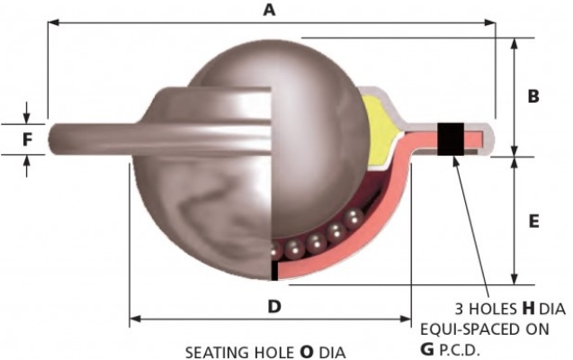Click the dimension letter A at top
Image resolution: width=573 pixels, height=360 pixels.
tap(267, 10)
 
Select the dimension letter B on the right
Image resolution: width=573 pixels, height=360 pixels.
tap(533, 96)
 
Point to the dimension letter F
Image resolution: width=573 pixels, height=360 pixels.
tap(27, 139)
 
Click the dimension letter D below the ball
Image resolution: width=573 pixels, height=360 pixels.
tap(274, 306)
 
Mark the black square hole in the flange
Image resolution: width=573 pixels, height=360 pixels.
tap(450, 139)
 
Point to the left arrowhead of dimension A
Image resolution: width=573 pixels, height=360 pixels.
tap(52, 21)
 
